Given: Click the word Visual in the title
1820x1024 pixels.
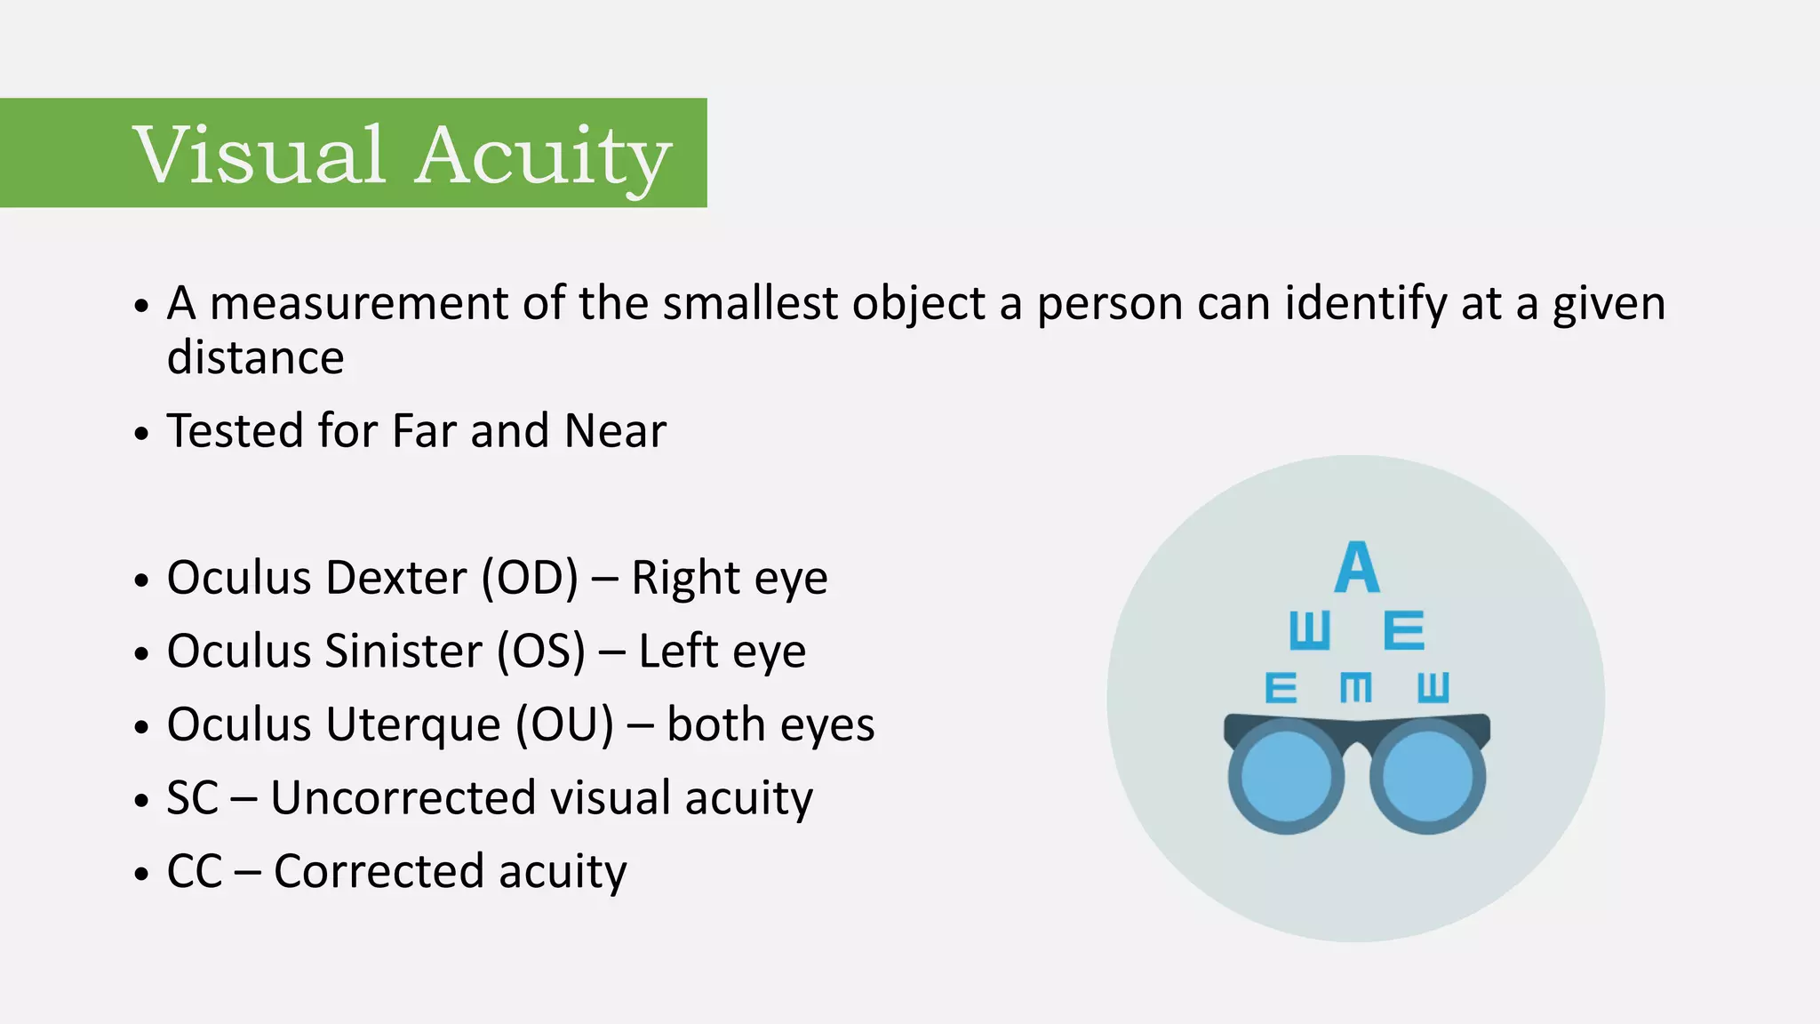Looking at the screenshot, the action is (259, 155).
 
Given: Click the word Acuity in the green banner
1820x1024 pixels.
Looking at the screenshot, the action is (543, 156).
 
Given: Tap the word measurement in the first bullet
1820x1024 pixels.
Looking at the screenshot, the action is (358, 303).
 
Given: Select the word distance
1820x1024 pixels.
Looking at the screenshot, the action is (255, 357).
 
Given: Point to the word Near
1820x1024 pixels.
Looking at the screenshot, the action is (615, 431).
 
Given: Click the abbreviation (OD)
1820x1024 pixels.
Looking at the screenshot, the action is (530, 578).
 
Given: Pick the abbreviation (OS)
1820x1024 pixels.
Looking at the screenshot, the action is (540, 651).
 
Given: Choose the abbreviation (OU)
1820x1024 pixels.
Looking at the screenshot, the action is (564, 724).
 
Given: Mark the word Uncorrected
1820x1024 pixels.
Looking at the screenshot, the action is (403, 797).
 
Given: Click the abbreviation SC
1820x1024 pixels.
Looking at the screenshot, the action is (192, 797).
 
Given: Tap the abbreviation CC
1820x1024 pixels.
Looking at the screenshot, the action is (194, 871).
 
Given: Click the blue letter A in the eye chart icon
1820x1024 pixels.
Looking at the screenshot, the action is (1357, 568).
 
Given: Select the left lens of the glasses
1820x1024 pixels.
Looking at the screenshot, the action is (1286, 776).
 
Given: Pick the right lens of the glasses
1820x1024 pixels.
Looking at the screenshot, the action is (1428, 776).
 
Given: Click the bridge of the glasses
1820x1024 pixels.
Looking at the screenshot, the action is (1357, 747).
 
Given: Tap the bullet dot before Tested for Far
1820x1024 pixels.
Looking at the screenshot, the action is (140, 435).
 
